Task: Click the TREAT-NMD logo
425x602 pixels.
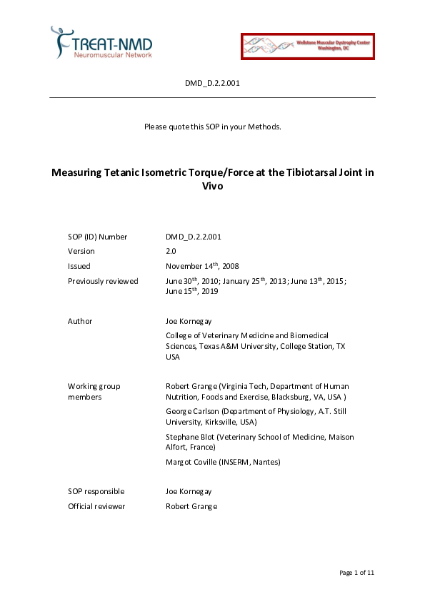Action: [101, 42]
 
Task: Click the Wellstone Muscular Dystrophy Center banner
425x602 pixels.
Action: [307, 45]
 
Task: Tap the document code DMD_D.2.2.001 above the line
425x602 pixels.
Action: [212, 84]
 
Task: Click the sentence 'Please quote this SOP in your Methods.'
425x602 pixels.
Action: [212, 127]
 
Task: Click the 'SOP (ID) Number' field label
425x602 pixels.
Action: [97, 237]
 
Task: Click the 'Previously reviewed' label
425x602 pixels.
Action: [103, 281]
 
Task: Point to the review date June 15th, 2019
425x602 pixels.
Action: [192, 291]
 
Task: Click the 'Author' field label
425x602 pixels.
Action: [80, 321]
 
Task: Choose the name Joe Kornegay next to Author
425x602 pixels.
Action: [189, 321]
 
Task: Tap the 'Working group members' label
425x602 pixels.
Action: [94, 391]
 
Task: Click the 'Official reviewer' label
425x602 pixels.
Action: [96, 506]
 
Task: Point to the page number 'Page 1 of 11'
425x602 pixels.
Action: [356, 573]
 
